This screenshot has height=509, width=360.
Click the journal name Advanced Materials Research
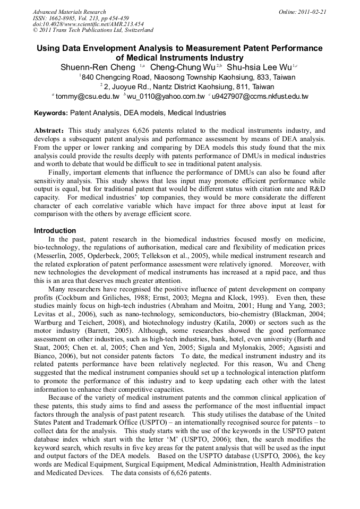(69, 12)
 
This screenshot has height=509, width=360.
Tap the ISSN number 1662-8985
(63, 18)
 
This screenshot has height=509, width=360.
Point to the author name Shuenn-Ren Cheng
(98, 67)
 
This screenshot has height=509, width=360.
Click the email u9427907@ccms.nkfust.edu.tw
(260, 96)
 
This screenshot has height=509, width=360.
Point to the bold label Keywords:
(51, 113)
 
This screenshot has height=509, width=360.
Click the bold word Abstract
(49, 130)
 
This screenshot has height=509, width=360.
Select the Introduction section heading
(55, 231)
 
